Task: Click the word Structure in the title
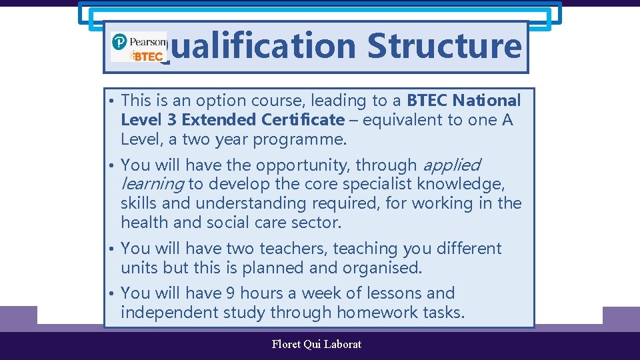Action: (x=443, y=45)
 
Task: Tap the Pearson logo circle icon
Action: (x=119, y=42)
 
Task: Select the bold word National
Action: (x=487, y=101)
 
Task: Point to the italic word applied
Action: (x=451, y=165)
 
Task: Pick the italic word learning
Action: (x=152, y=184)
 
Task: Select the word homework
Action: (x=377, y=312)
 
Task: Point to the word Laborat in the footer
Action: (x=342, y=344)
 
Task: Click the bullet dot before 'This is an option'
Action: (x=113, y=101)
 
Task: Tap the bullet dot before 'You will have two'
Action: (x=113, y=249)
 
